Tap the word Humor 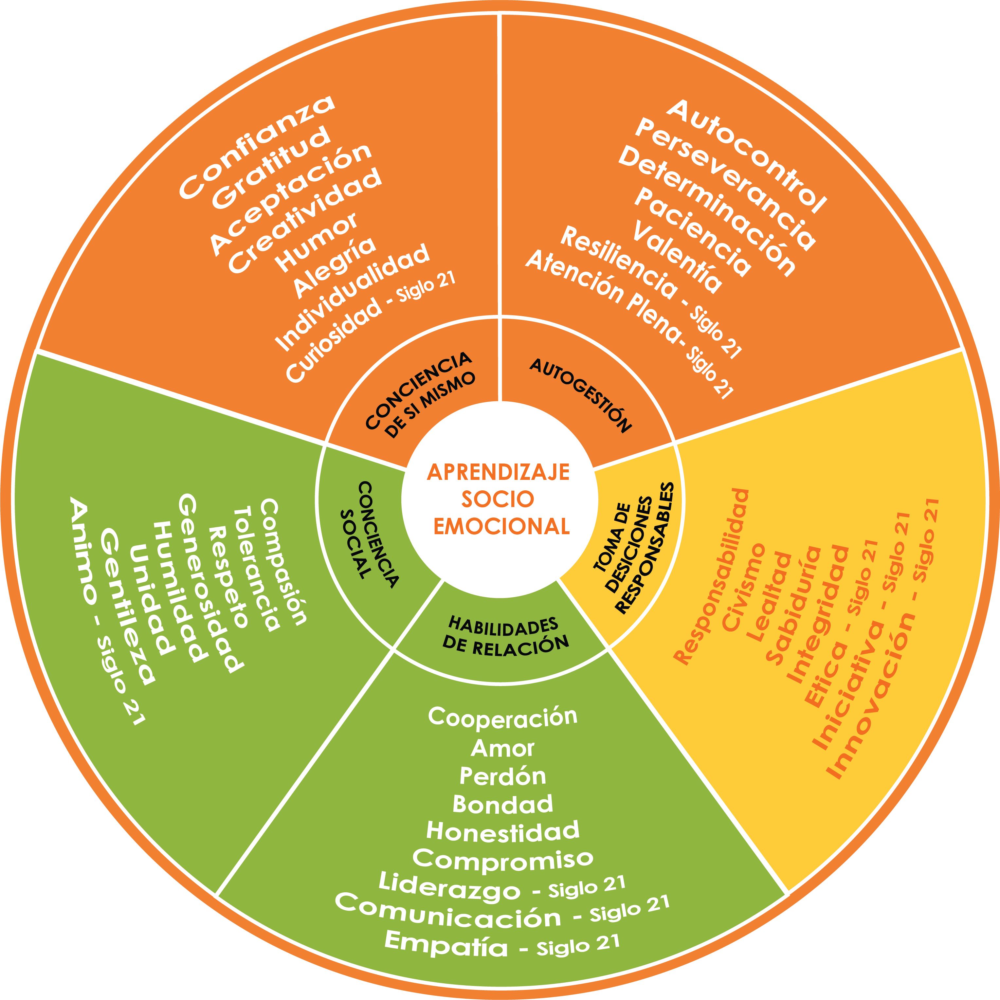pos(317,242)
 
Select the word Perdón pos(502,776)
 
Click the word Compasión pos(284,562)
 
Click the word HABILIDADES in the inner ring pos(502,626)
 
